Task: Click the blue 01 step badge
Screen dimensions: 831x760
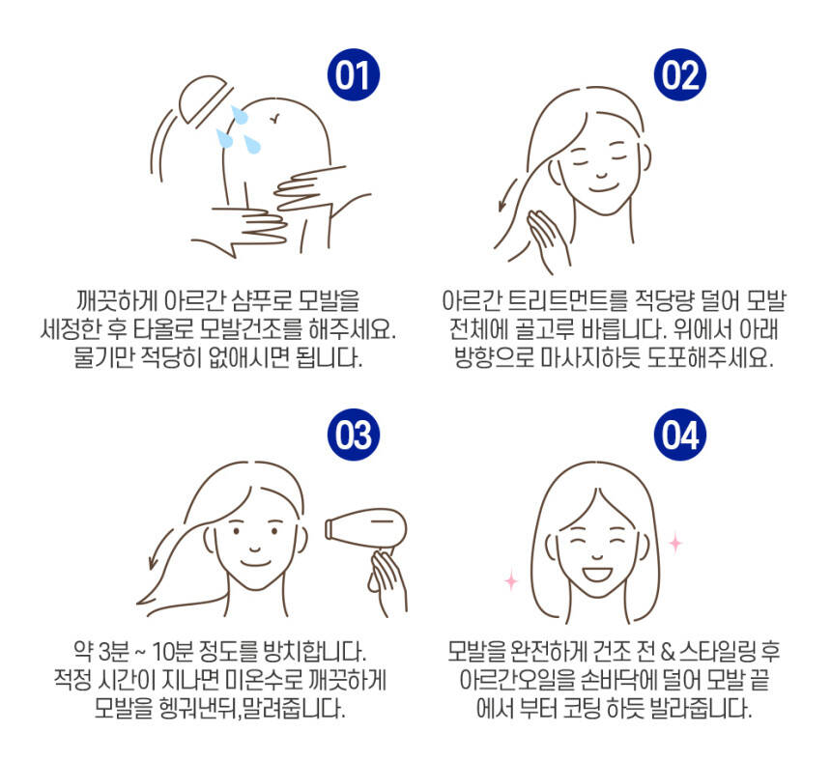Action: tap(354, 74)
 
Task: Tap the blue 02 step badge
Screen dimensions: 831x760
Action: tap(680, 74)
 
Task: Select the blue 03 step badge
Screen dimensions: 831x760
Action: tap(354, 435)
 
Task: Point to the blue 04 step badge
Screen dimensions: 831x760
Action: tap(680, 435)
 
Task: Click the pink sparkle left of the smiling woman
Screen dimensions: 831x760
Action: tap(511, 580)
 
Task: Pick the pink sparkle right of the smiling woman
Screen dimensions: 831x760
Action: tap(675, 544)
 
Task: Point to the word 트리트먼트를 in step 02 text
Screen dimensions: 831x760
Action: tap(567, 301)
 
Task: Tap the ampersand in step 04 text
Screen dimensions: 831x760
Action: tap(668, 652)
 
